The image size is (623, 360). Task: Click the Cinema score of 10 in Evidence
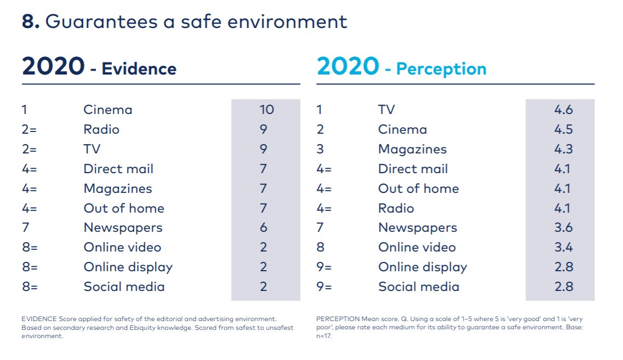pyautogui.click(x=266, y=110)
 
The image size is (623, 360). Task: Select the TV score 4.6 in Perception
pyautogui.click(x=563, y=110)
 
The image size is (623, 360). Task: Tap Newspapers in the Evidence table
pyautogui.click(x=123, y=227)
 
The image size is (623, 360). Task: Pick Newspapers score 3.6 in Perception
pyautogui.click(x=563, y=227)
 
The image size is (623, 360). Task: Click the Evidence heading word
pyautogui.click(x=139, y=69)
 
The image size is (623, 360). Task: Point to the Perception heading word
pyautogui.click(x=441, y=69)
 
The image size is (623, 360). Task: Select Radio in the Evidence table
pyautogui.click(x=101, y=129)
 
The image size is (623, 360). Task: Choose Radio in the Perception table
pyautogui.click(x=396, y=208)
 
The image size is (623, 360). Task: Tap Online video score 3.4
pyautogui.click(x=563, y=247)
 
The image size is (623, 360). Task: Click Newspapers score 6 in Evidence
pyautogui.click(x=264, y=227)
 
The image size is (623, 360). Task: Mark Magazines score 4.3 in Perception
pyautogui.click(x=563, y=149)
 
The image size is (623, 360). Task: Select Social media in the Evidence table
pyautogui.click(x=124, y=287)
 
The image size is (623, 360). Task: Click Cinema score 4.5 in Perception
pyautogui.click(x=563, y=129)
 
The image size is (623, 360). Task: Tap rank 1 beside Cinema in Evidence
pyautogui.click(x=24, y=110)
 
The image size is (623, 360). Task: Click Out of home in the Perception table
pyautogui.click(x=418, y=188)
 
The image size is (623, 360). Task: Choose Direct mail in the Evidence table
pyautogui.click(x=118, y=169)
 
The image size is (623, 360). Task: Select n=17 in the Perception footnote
pyautogui.click(x=324, y=336)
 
